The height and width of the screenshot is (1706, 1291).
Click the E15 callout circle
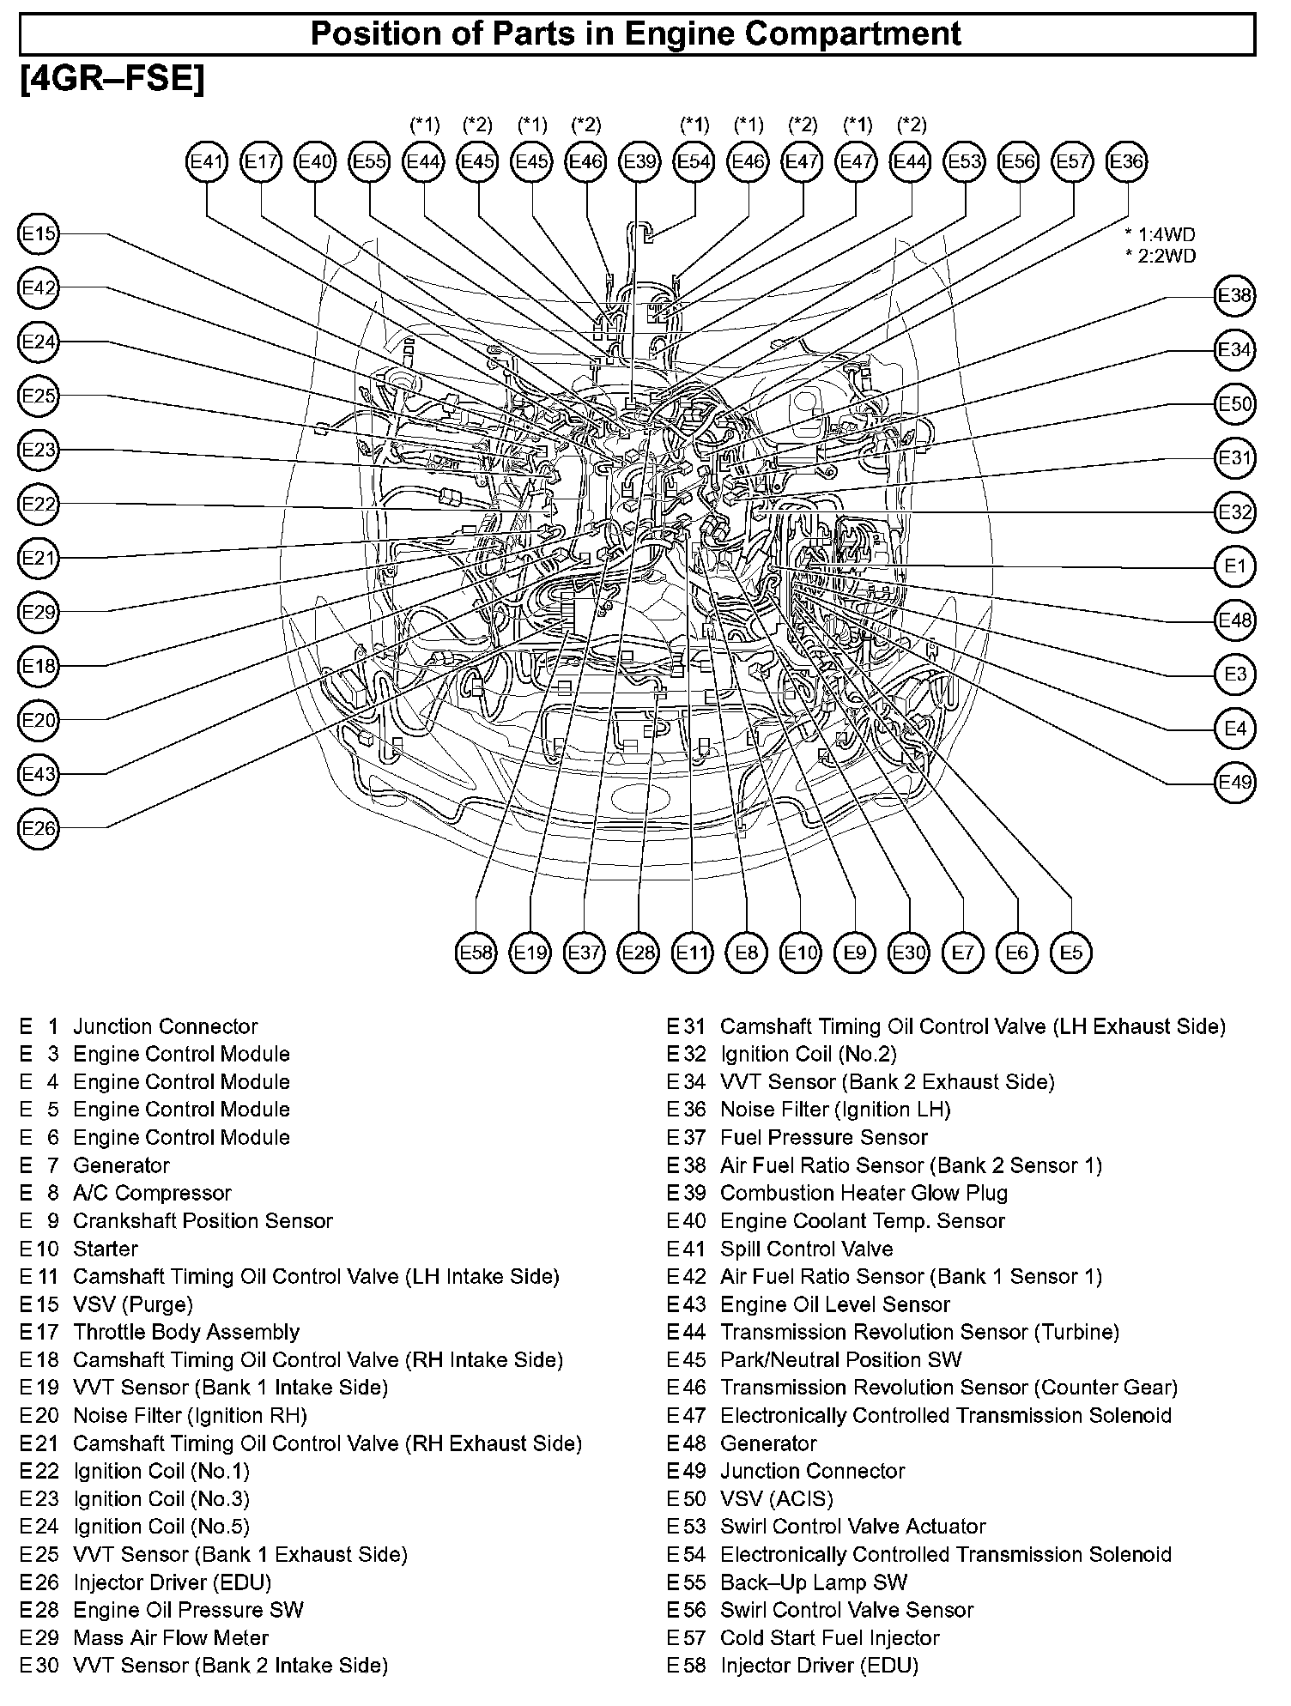(x=39, y=234)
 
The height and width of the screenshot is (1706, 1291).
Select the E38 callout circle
(x=1235, y=296)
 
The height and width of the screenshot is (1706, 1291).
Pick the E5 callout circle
(x=1071, y=953)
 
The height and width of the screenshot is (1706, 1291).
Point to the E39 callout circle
(x=639, y=162)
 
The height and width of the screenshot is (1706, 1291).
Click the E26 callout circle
(x=39, y=828)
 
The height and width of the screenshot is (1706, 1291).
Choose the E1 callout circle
(x=1235, y=566)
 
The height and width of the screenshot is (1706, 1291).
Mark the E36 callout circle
(x=1127, y=162)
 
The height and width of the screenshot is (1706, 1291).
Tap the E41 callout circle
(x=207, y=162)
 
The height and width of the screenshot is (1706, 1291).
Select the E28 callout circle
(x=638, y=953)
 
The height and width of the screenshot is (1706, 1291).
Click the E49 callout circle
(x=1235, y=783)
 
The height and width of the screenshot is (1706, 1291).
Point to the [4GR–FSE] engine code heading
(x=112, y=81)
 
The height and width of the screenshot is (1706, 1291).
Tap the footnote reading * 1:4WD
(x=1160, y=234)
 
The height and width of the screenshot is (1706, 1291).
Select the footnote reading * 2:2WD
(x=1160, y=256)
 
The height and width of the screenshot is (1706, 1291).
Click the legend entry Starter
(x=105, y=1249)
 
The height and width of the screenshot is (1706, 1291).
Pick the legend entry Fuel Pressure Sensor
(x=824, y=1138)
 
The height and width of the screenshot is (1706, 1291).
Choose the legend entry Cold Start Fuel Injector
(x=830, y=1637)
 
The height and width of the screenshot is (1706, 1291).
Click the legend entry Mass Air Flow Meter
(x=171, y=1637)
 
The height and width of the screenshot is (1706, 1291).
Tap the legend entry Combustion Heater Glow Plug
(x=864, y=1193)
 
